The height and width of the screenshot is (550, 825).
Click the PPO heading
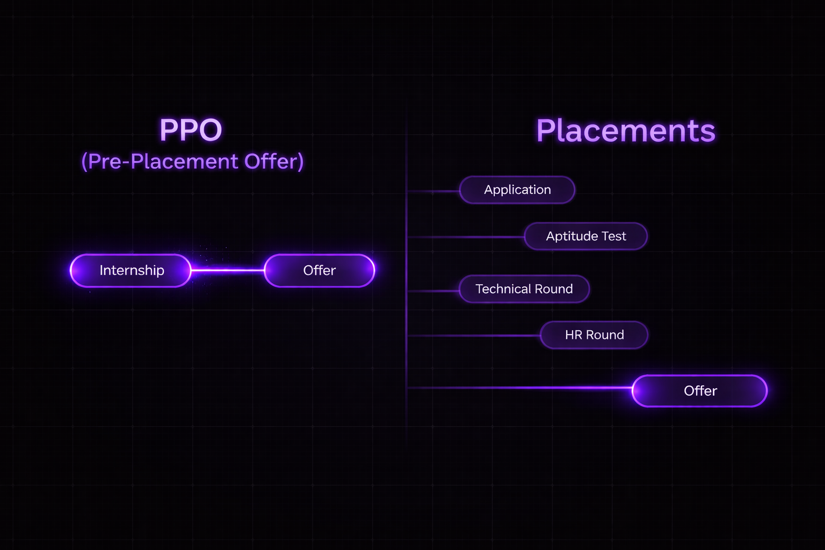pos(191,130)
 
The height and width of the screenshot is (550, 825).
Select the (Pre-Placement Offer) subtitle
pos(192,161)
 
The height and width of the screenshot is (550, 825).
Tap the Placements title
pos(626,131)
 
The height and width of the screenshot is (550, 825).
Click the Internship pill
pos(131,270)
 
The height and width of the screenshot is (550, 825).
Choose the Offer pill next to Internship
pos(319,270)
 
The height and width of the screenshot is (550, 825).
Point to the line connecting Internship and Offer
pos(228,270)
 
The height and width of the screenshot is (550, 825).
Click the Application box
pos(517,190)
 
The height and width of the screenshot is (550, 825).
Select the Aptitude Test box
pos(585,236)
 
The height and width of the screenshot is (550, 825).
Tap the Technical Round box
pos(524,289)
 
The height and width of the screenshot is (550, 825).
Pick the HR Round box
pos(594,335)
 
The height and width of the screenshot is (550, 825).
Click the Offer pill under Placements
pos(699,390)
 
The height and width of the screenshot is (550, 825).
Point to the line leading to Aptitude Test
pos(465,237)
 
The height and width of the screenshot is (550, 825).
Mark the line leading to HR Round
pos(474,336)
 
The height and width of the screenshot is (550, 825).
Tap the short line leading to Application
pos(433,191)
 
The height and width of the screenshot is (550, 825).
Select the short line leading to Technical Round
pos(433,291)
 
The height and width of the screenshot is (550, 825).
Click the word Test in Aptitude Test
pos(614,236)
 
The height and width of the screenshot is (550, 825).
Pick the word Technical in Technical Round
pos(503,289)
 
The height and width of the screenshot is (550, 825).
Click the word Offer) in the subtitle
pos(274,161)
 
